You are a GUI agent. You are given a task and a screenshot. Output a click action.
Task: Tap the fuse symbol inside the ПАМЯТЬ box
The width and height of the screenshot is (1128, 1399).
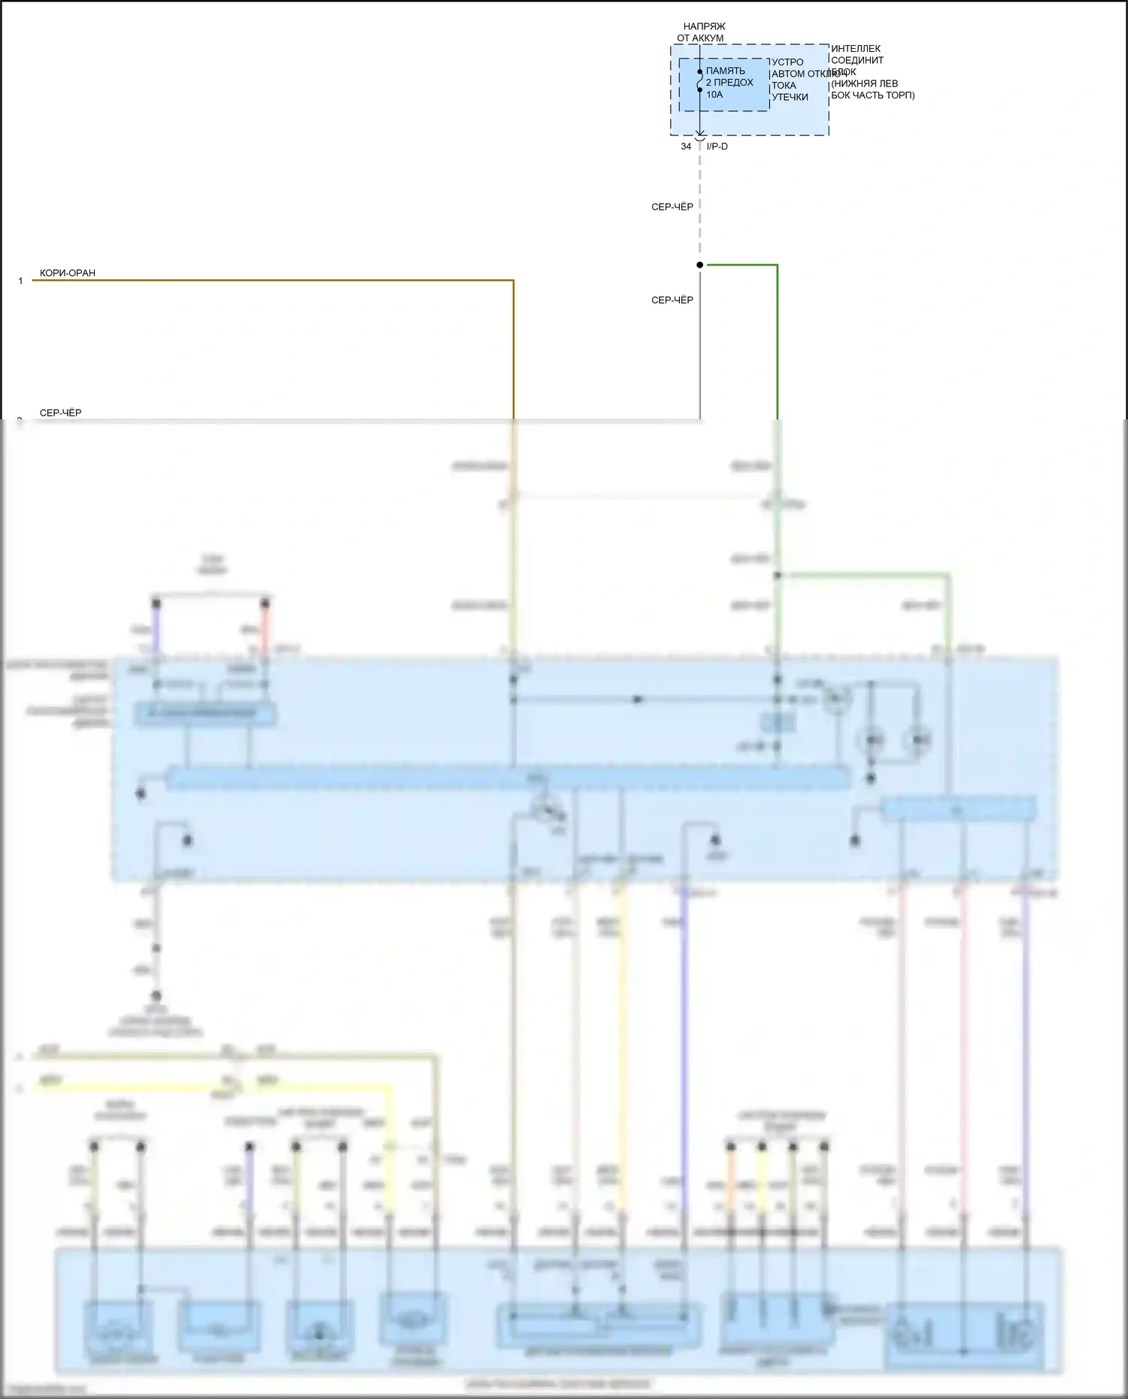click(699, 81)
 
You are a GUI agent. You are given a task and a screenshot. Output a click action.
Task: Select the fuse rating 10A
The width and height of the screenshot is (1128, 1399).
click(714, 95)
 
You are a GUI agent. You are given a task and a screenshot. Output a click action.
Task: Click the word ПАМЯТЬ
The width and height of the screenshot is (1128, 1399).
click(725, 71)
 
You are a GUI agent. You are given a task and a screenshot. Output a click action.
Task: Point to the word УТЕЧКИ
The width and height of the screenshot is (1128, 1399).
click(790, 97)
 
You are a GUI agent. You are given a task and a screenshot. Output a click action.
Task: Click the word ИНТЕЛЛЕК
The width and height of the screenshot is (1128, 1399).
click(856, 49)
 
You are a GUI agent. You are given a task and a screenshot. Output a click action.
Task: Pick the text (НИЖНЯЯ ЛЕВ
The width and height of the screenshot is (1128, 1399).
click(864, 83)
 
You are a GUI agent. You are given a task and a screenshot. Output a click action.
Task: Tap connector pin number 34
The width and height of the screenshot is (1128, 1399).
click(686, 147)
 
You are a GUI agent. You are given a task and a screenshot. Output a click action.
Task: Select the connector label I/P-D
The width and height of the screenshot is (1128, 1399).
click(717, 147)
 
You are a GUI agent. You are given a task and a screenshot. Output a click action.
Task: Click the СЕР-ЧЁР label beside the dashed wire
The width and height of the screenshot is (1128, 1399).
click(672, 207)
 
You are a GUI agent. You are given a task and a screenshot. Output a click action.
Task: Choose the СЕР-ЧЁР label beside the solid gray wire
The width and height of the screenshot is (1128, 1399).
click(672, 300)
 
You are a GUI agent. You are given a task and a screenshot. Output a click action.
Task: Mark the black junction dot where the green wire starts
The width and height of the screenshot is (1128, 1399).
click(699, 265)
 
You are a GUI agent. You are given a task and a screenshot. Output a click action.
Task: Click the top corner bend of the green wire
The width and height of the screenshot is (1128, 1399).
click(777, 265)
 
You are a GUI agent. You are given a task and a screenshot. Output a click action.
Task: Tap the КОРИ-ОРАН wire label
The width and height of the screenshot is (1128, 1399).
click(68, 273)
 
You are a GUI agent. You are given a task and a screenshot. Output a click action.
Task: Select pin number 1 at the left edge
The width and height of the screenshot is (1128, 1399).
click(21, 281)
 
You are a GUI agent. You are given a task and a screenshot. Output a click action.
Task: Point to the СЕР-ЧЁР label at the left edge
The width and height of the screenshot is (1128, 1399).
click(60, 413)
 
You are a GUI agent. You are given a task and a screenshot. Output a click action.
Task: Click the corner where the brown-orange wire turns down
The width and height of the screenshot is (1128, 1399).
click(513, 281)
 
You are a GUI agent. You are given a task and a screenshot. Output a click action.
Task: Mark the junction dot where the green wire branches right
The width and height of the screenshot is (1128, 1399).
click(778, 576)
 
